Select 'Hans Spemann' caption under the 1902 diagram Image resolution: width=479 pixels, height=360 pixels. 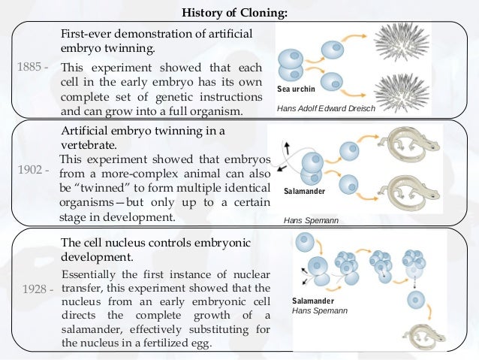tap(311, 222)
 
